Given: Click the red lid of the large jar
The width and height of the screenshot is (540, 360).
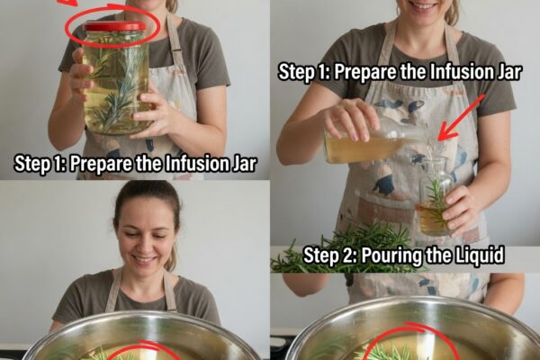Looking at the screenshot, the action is coord(115,26).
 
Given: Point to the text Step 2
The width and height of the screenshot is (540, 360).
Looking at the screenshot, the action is coord(330,256).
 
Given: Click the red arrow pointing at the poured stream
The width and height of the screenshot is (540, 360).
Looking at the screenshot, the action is coord(462,118).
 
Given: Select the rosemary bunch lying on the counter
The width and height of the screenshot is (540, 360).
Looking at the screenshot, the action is coord(345,250).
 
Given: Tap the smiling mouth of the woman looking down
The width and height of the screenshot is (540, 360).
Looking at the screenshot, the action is coord(145,259).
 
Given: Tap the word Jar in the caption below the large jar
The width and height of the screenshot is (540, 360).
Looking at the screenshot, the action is coord(246,164).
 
